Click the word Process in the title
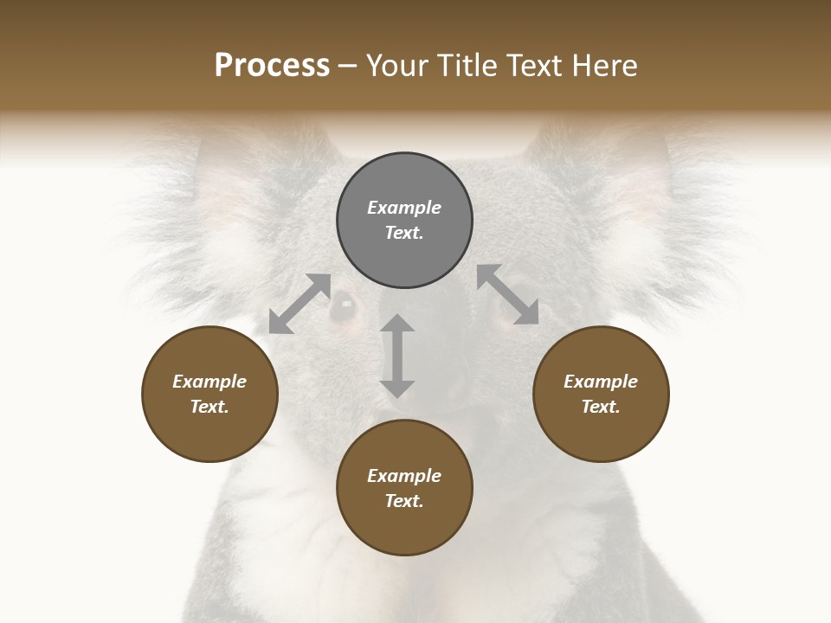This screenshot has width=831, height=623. [x=272, y=66]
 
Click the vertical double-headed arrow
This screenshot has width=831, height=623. [x=397, y=356]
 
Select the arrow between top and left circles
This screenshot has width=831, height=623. [x=300, y=304]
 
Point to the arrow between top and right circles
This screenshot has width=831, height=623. [x=508, y=294]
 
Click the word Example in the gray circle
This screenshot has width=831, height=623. [x=404, y=208]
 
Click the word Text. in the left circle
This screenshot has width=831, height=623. [x=209, y=407]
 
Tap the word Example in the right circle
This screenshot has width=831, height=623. [x=601, y=382]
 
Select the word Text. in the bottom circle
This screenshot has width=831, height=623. [x=404, y=501]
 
